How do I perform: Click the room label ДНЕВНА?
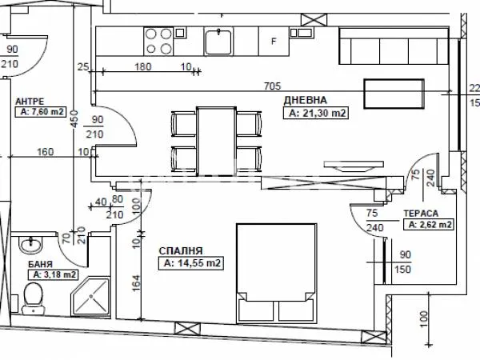pyautogui.click(x=306, y=101)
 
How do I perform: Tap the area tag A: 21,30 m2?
pyautogui.click(x=316, y=113)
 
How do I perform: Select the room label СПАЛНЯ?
pyautogui.click(x=181, y=251)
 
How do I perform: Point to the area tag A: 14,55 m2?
pyautogui.click(x=191, y=263)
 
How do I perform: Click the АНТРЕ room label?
pyautogui.click(x=30, y=101)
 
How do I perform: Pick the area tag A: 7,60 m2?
pyautogui.click(x=41, y=112)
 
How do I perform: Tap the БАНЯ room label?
pyautogui.click(x=41, y=264)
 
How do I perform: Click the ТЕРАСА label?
pyautogui.click(x=421, y=214)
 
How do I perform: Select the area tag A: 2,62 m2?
pyautogui.click(x=429, y=225)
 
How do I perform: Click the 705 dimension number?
pyautogui.click(x=272, y=86)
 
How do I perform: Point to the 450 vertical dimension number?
pyautogui.click(x=74, y=118)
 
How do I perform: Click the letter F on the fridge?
pyautogui.click(x=274, y=41)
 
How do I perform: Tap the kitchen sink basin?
pyautogui.click(x=218, y=42)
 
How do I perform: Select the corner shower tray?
pyautogui.click(x=90, y=296)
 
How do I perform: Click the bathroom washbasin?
pyautogui.click(x=30, y=244)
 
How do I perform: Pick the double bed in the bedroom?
pyautogui.click(x=277, y=273)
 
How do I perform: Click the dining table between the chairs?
pyautogui.click(x=217, y=141)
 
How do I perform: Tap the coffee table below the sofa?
pyautogui.click(x=394, y=94)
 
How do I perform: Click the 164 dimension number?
pyautogui.click(x=137, y=283)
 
